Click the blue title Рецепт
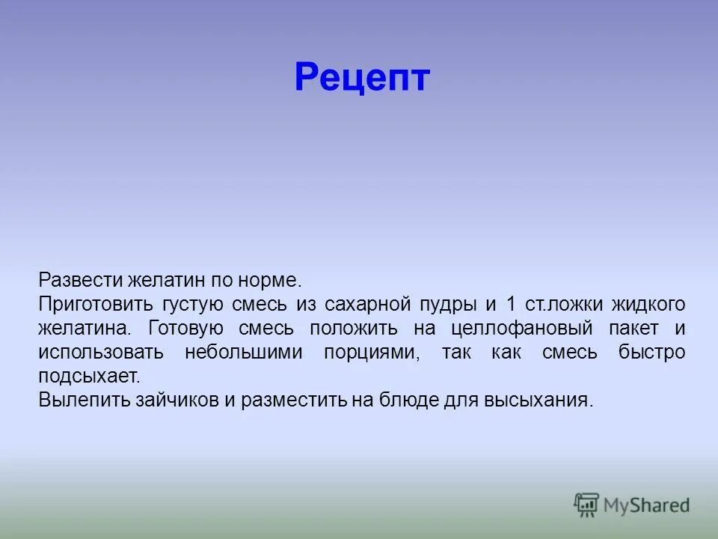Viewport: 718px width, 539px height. coord(362,78)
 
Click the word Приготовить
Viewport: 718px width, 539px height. coord(89,305)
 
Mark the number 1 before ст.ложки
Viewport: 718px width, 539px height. coord(511,305)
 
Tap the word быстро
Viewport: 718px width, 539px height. coord(651,353)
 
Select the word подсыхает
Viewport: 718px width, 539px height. coord(88,376)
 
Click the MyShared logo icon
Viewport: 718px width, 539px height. coord(587,505)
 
